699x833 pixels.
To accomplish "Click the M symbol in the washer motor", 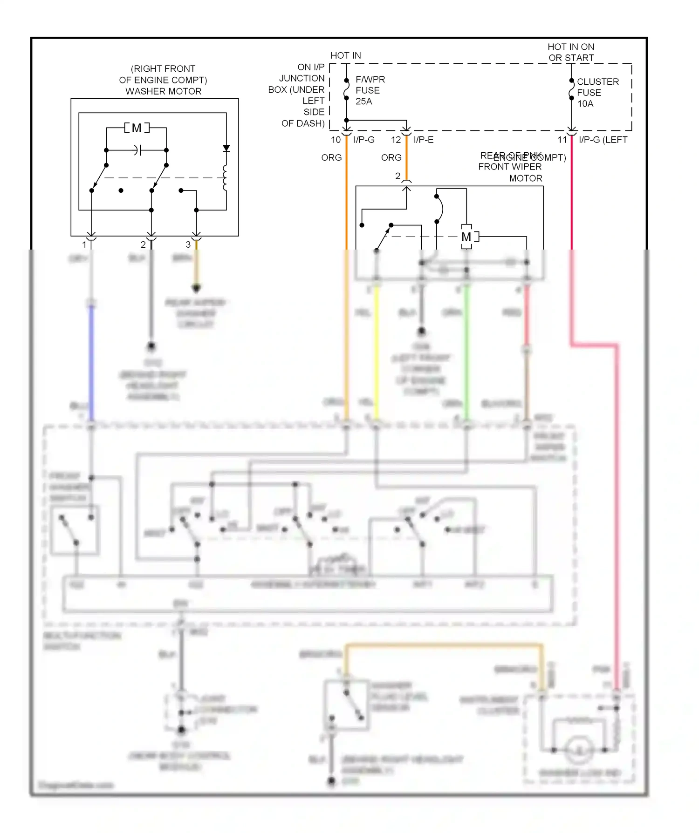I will point(137,128).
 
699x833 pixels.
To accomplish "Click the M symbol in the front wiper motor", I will point(466,237).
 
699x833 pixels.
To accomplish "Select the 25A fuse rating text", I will point(363,102).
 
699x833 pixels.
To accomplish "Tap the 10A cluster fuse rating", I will point(585,104).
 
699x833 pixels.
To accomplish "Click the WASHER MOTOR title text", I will point(163,91).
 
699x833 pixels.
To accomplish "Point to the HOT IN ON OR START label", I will point(571,52).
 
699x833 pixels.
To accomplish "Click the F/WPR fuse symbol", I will point(346,89).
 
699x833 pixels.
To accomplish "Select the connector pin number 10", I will point(336,140).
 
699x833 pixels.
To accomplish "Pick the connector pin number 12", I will point(396,140).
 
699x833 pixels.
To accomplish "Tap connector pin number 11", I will point(562,140).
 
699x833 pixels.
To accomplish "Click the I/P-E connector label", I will point(423,140).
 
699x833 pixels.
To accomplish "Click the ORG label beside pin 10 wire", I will point(331,158).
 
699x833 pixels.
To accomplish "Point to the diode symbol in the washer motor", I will point(226,149).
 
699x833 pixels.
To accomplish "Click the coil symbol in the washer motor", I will point(225,178).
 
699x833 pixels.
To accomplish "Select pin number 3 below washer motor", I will point(188,244).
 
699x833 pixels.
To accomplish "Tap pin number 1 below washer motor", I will point(84,244).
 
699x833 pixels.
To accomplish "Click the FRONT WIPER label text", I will point(510,167).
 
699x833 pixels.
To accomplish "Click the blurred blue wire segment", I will point(91,363).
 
